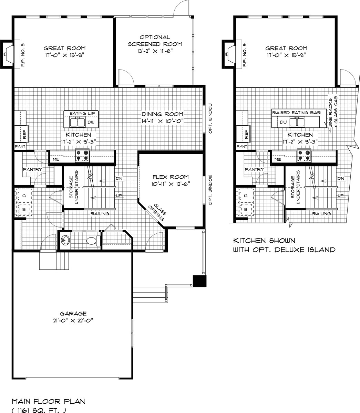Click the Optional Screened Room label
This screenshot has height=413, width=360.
click(x=155, y=41)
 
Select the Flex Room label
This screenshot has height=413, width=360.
click(x=171, y=177)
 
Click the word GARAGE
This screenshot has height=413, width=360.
click(x=73, y=314)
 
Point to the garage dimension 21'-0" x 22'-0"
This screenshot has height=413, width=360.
click(x=73, y=320)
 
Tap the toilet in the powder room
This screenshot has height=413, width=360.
click(x=91, y=241)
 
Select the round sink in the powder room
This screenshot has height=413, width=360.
click(x=65, y=240)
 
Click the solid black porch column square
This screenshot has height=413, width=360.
click(x=199, y=281)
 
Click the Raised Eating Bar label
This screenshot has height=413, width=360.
click(x=297, y=113)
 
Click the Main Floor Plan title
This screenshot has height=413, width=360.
click(x=49, y=401)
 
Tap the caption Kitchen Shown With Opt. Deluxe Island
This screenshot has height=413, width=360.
click(x=284, y=245)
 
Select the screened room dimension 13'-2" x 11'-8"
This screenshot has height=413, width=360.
click(x=155, y=51)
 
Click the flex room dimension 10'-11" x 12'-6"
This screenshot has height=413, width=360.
click(x=171, y=184)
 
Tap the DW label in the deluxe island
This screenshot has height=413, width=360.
click(x=283, y=122)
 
